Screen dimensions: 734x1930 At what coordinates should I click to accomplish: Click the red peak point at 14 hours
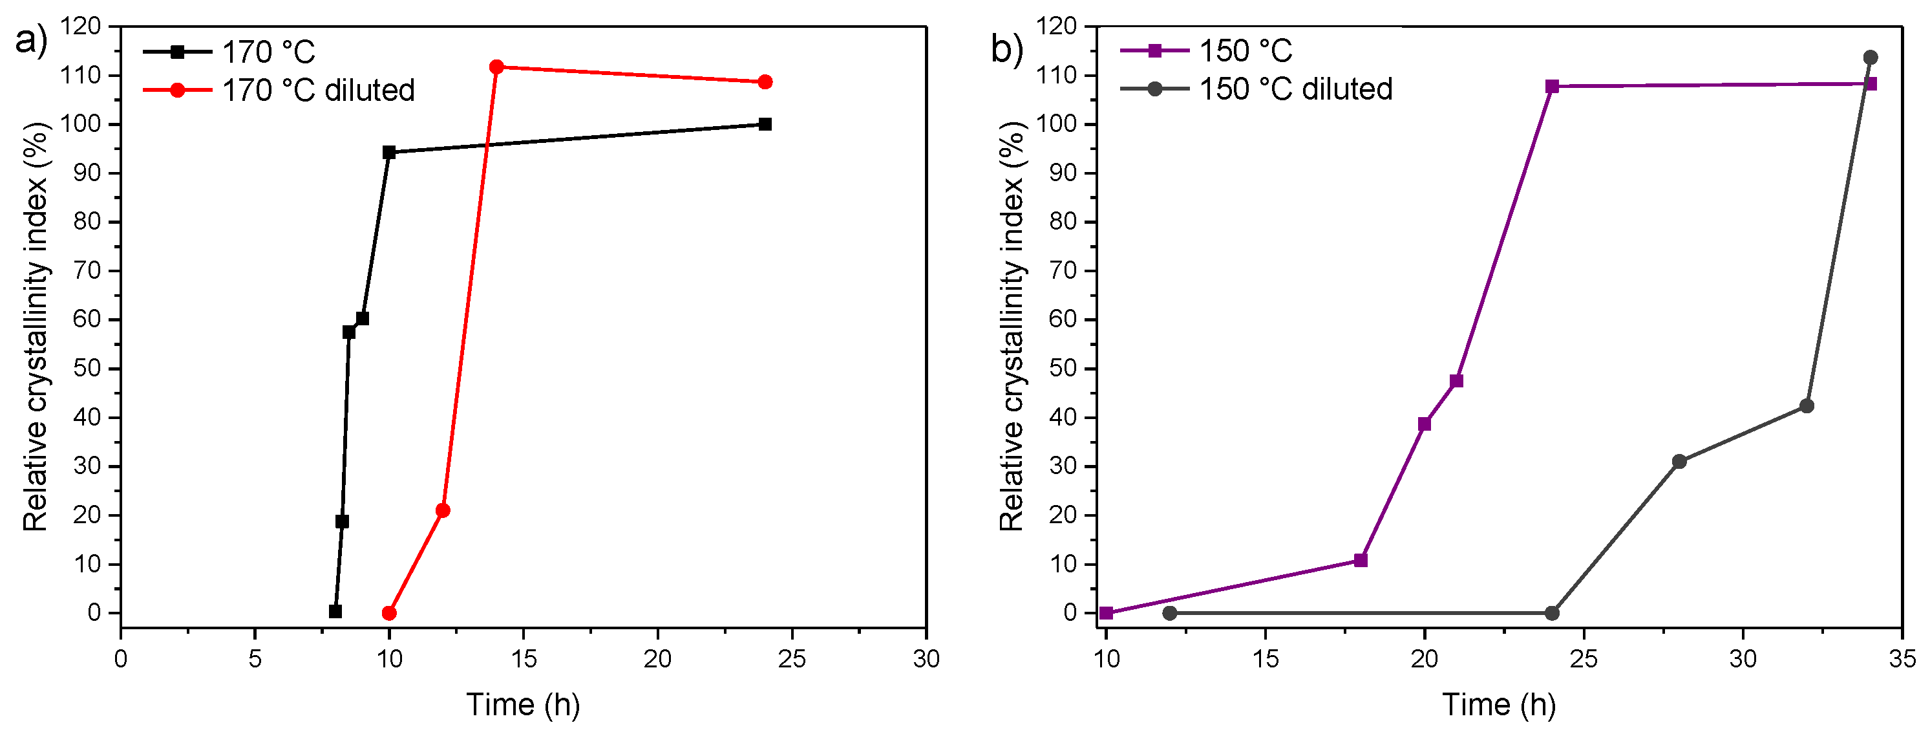pyautogui.click(x=496, y=67)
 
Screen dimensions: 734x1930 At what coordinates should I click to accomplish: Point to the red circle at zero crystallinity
pyautogui.click(x=389, y=613)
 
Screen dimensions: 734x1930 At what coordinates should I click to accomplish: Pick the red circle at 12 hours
pyautogui.click(x=443, y=511)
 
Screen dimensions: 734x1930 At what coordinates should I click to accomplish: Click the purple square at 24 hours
pyautogui.click(x=1553, y=86)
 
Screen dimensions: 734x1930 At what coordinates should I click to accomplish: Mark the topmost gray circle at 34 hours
pyautogui.click(x=1871, y=57)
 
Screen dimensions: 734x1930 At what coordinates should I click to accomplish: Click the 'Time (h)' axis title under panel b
pyautogui.click(x=1499, y=705)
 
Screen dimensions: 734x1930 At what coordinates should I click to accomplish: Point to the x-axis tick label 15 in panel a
pyautogui.click(x=523, y=659)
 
